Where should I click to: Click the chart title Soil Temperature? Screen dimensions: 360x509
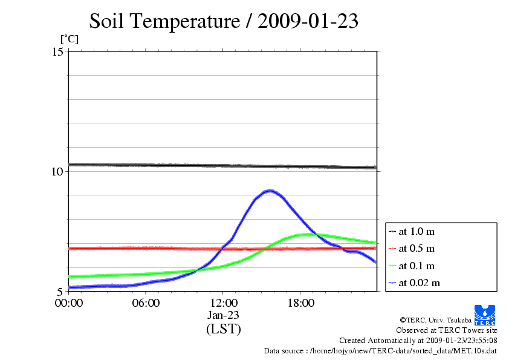point(164,22)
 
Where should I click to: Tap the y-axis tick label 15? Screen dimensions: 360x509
point(58,51)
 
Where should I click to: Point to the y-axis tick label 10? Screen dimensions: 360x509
point(58,171)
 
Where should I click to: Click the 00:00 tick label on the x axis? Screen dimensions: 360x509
point(69,303)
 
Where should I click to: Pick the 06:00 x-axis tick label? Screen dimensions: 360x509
point(146,303)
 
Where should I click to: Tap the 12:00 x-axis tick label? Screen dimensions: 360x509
point(223,303)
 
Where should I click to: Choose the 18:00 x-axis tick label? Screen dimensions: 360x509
point(300,303)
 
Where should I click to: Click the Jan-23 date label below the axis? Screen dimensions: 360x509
point(223,315)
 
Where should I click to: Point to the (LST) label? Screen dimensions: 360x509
point(223,329)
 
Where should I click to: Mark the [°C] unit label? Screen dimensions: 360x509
point(69,39)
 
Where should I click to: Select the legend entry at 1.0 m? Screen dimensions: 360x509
point(417,231)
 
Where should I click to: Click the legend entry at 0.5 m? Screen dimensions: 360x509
point(417,248)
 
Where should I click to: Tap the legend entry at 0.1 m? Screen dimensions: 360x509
point(417,266)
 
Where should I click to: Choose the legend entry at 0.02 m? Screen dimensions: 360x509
point(419,283)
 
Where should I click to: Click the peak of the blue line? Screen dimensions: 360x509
point(270,191)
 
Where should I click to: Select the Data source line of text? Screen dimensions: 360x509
point(380,350)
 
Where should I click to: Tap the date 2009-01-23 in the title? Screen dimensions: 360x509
point(308,22)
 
